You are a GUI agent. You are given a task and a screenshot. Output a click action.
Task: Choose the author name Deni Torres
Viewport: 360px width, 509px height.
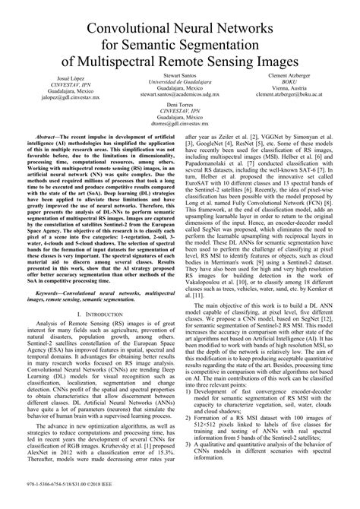(180, 103)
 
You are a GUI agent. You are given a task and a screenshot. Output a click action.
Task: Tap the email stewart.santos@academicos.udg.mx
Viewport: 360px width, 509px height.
(180, 96)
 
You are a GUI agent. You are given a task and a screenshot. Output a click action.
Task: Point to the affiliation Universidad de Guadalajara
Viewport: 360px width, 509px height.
(180, 81)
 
